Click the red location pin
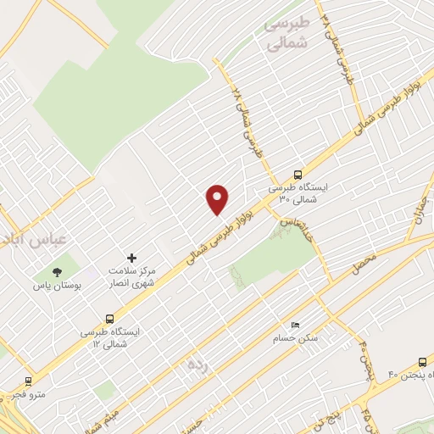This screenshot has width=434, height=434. coord(218,199)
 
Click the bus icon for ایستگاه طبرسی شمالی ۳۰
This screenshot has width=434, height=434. coord(297,170)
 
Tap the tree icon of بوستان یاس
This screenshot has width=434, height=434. coord(57,272)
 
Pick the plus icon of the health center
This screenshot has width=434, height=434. coord(131,257)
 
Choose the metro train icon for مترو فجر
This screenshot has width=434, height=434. coord(28,381)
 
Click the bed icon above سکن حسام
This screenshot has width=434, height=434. coord(294,325)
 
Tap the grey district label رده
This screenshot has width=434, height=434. coord(197,364)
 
